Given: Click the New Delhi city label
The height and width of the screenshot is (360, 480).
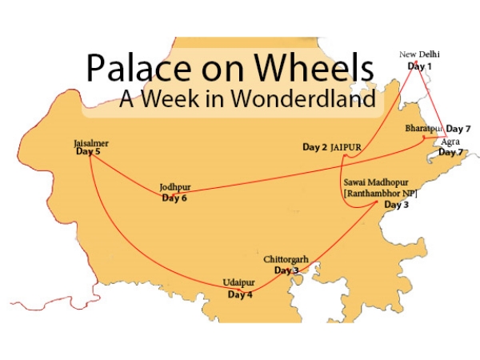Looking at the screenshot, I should (420, 54).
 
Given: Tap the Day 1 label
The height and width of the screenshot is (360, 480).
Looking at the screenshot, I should (419, 65).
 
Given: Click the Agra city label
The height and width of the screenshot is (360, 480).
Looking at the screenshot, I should (450, 142).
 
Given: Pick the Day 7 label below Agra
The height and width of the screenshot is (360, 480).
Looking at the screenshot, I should (451, 152).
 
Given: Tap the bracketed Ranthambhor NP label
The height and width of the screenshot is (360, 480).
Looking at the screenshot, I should (379, 194).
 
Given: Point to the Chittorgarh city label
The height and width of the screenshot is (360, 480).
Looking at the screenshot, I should (287, 260).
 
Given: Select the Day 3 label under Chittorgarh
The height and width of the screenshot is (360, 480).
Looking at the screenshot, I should (286, 270).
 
